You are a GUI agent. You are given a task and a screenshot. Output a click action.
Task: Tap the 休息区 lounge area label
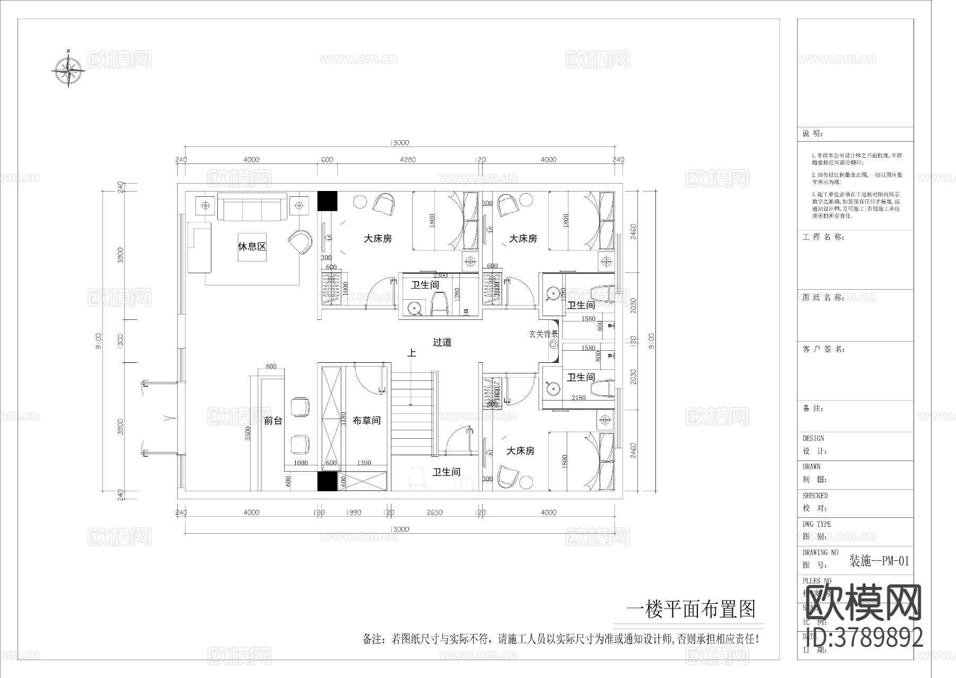pyautogui.click(x=252, y=247)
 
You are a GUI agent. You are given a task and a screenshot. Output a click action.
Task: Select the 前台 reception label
pyautogui.click(x=273, y=421)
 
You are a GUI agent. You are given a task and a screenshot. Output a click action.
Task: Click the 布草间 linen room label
pyautogui.click(x=366, y=421)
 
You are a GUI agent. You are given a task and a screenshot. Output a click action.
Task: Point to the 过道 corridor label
pyautogui.click(x=442, y=343)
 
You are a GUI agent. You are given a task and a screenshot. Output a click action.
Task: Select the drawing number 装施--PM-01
pyautogui.click(x=880, y=561)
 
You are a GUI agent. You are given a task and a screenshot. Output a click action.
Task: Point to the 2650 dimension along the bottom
pyautogui.click(x=434, y=512)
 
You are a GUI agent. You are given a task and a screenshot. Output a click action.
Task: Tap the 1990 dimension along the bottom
pyautogui.click(x=353, y=512)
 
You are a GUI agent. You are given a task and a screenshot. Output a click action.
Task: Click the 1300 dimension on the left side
pyautogui.click(x=121, y=340)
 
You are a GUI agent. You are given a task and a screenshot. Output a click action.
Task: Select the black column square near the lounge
pyautogui.click(x=327, y=201)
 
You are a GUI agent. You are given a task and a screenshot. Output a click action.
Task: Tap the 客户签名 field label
pyautogui.click(x=824, y=350)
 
